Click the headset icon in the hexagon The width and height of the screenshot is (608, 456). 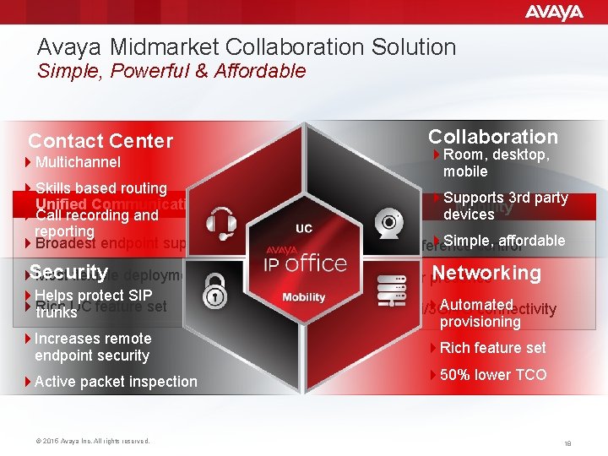pyautogui.click(x=222, y=221)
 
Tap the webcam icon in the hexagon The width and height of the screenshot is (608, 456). pyautogui.click(x=388, y=222)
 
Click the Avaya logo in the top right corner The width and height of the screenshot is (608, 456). pyautogui.click(x=554, y=12)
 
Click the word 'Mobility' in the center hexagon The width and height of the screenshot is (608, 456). pyautogui.click(x=303, y=297)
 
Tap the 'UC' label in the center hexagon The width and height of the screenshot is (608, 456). pyautogui.click(x=304, y=228)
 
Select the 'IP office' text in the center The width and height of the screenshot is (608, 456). pyautogui.click(x=303, y=263)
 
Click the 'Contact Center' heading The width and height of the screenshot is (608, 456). pyautogui.click(x=100, y=141)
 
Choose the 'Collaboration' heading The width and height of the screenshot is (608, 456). pyautogui.click(x=493, y=137)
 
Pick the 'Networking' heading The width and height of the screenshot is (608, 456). pyautogui.click(x=486, y=273)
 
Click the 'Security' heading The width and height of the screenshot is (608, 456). pyautogui.click(x=68, y=272)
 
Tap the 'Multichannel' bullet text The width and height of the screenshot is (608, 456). pyautogui.click(x=78, y=162)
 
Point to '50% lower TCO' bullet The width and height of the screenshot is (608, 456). pyautogui.click(x=493, y=374)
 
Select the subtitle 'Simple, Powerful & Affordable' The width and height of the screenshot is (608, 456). pyautogui.click(x=171, y=71)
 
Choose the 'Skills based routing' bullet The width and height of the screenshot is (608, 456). pyautogui.click(x=100, y=188)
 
